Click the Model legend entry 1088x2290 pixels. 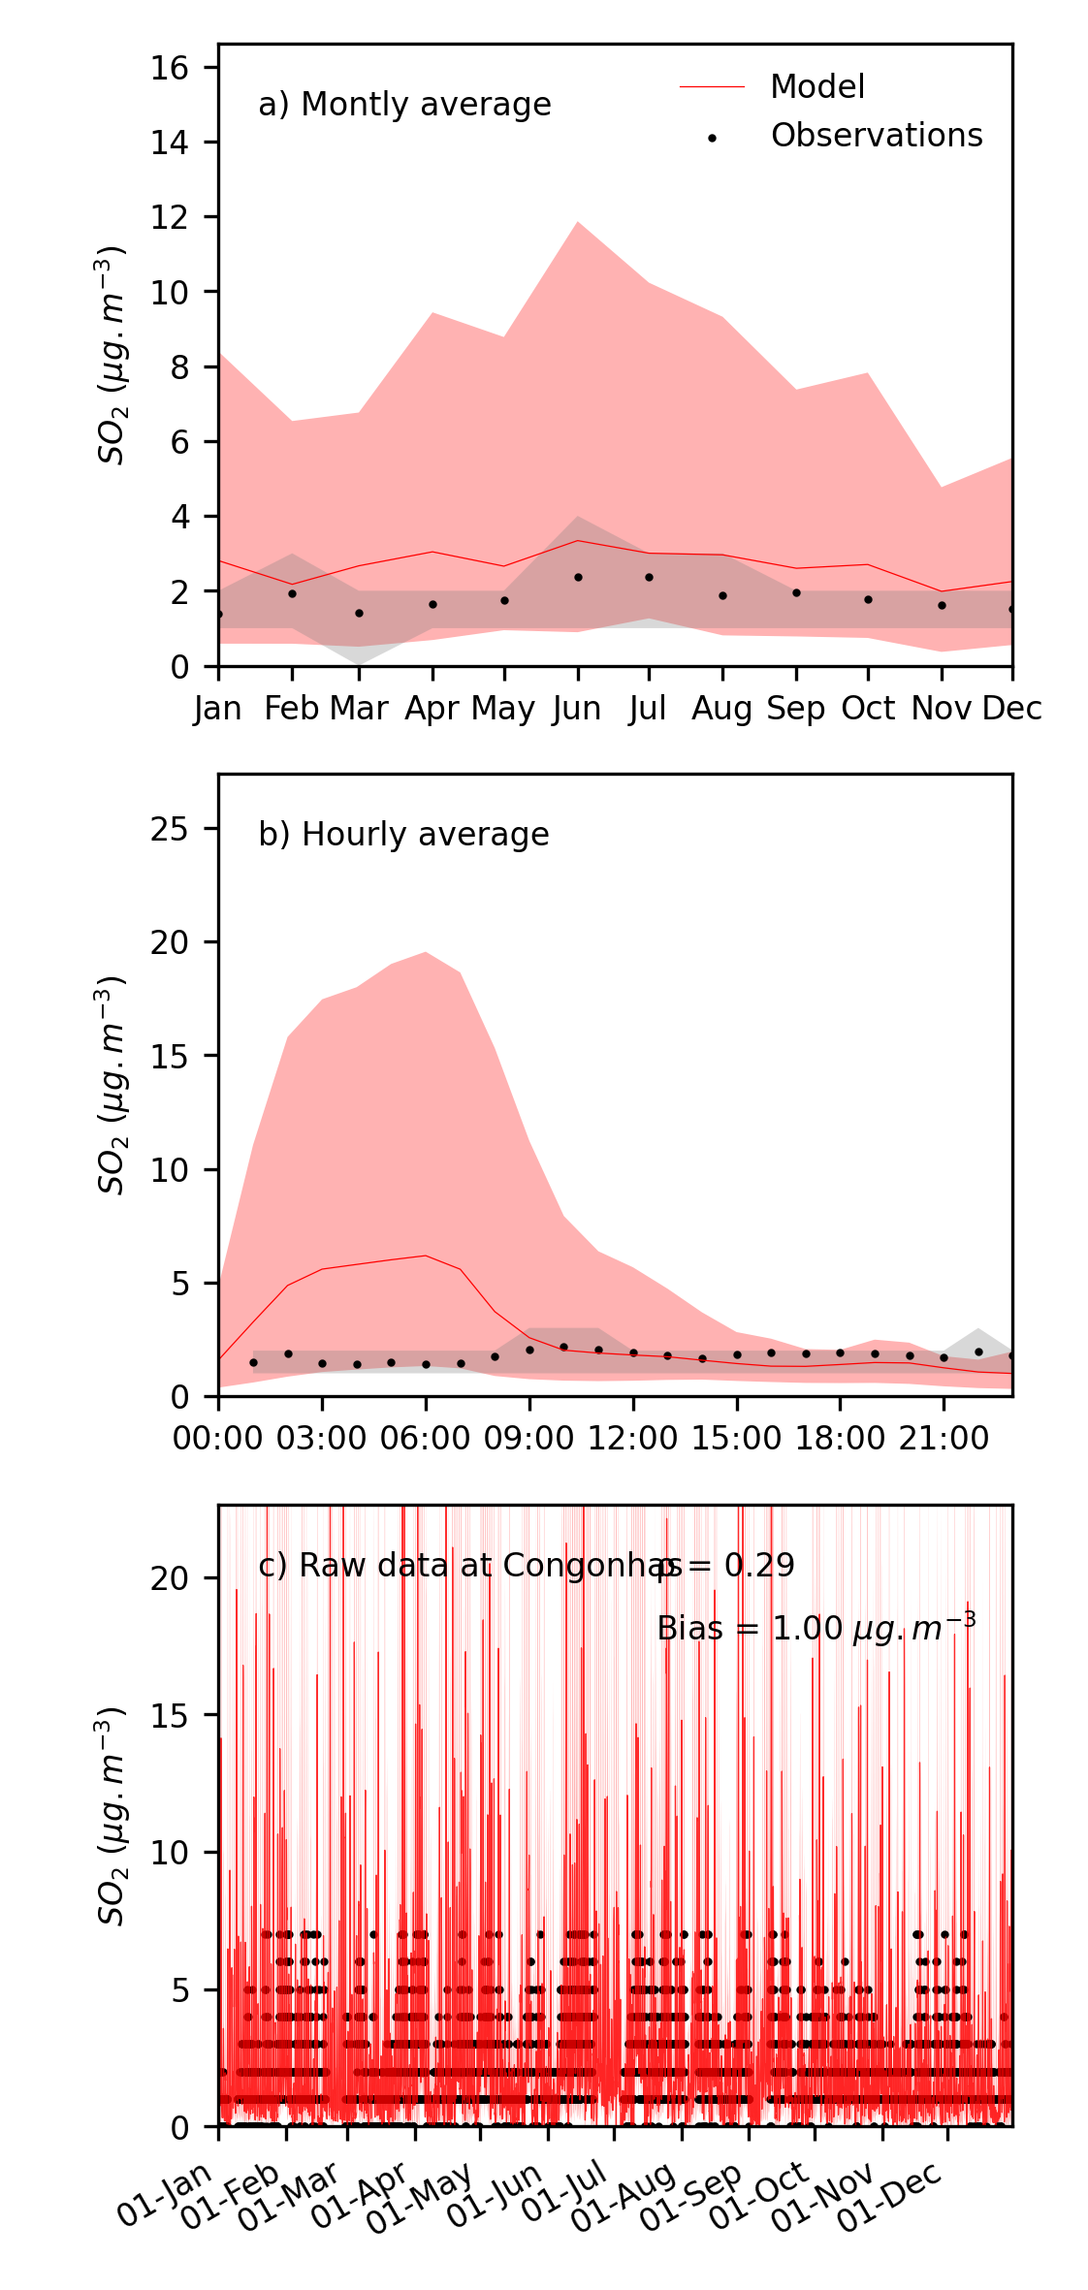(x=816, y=87)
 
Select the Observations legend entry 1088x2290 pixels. (x=876, y=136)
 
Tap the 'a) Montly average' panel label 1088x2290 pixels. (x=404, y=105)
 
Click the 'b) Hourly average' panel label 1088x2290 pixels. (x=403, y=835)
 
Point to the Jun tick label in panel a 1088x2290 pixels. (x=577, y=709)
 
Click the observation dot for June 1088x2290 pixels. (x=578, y=577)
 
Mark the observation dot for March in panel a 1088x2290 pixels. (x=359, y=613)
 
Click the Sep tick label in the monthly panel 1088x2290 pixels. (x=796, y=709)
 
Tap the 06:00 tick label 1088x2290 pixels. (x=426, y=1439)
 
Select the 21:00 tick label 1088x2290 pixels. (x=944, y=1439)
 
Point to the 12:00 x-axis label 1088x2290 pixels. (x=633, y=1439)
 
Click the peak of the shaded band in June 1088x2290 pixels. (x=578, y=223)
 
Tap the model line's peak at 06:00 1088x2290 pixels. (x=426, y=1256)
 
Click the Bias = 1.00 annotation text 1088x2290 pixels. (x=816, y=1628)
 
